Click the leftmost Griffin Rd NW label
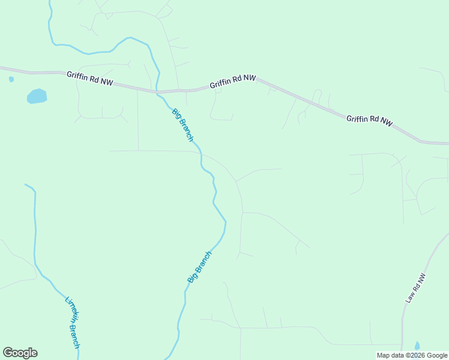pos(89,77)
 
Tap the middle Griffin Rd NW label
pos(233,82)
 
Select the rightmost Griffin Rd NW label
pos(370,119)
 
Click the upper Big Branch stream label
pos(183,125)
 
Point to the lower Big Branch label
pos(200,267)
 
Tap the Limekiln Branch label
pos(72,321)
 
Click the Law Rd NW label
pos(415,288)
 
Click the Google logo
pos(20,353)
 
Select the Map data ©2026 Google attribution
pos(412,355)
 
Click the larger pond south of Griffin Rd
pos(37,96)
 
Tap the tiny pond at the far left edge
pos(11,79)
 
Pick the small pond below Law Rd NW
pos(417,346)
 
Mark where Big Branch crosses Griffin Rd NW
pos(158,92)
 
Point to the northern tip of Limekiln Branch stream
pos(26,185)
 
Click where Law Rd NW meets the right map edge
pos(447,234)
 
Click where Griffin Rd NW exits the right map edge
pos(447,143)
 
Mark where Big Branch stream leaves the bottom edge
pos(167,359)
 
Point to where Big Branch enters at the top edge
pos(49,1)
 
